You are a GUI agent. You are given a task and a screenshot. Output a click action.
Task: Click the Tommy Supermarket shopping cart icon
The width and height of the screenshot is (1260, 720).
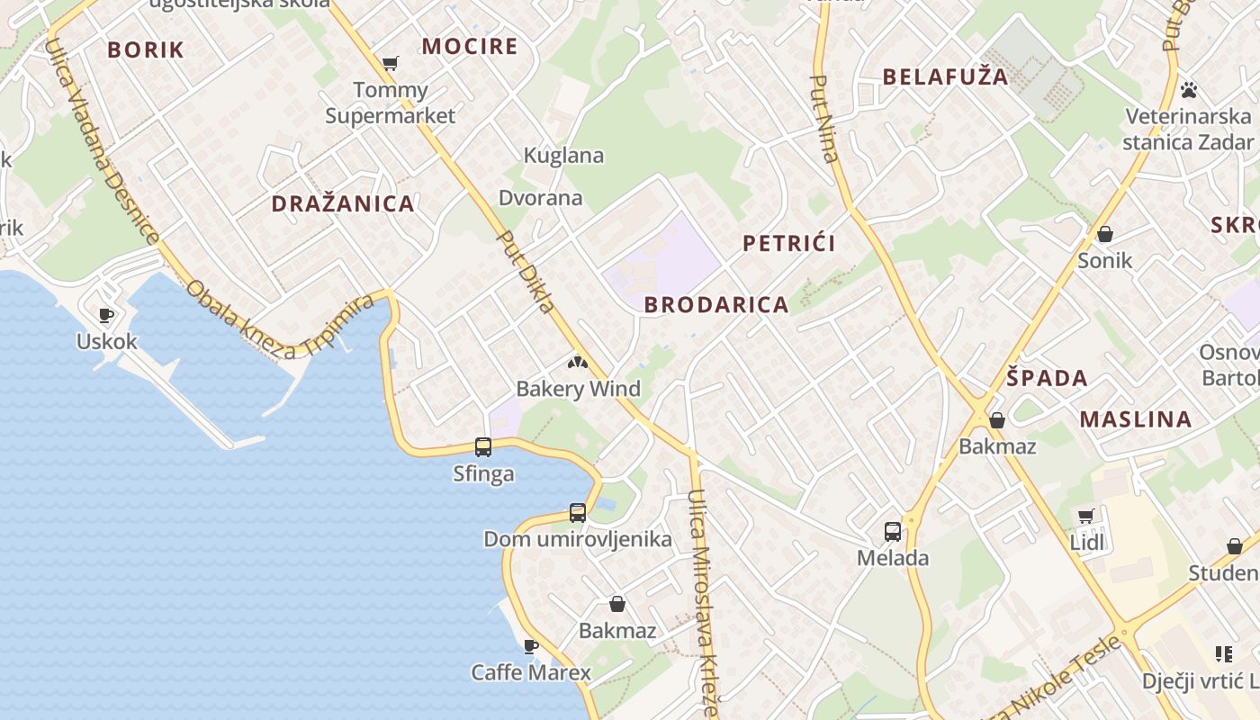point(390,63)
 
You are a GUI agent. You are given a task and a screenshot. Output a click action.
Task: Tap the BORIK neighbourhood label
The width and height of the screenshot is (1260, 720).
point(146,49)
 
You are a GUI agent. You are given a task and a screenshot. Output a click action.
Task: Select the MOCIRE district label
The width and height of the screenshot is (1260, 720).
point(470,46)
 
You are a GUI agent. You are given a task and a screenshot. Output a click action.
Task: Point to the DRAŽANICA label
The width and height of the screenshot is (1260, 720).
point(343,203)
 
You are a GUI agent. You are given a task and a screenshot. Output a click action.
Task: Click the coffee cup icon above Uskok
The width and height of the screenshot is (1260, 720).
point(106,315)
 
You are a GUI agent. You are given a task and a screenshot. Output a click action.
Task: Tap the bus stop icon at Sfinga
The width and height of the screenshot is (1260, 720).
point(483,446)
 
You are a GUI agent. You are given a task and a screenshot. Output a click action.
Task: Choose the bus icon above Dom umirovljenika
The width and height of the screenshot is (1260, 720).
point(578,513)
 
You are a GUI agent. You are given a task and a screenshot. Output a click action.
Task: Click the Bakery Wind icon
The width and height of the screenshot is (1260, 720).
point(577,363)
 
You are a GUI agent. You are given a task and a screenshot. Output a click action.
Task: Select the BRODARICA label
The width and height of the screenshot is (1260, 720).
point(716,304)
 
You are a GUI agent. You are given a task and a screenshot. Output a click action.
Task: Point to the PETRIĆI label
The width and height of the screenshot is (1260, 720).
point(789,243)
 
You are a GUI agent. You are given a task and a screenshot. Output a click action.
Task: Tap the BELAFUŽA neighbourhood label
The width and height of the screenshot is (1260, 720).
point(946,76)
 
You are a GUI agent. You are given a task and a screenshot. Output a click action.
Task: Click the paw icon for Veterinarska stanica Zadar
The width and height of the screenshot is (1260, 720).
point(1189,90)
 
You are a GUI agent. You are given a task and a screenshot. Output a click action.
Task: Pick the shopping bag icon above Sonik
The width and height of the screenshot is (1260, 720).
point(1105,234)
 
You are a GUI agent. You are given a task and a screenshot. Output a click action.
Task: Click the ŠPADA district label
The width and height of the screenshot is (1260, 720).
point(1048,378)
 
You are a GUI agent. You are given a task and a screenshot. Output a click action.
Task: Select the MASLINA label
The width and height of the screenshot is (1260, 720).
point(1136,418)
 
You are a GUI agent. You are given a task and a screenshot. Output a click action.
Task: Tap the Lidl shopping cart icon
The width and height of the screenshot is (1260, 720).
point(1086,516)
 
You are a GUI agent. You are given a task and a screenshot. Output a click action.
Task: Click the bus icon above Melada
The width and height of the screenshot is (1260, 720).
point(893,531)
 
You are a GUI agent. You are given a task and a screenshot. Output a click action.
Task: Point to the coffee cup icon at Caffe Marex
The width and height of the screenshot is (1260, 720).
point(531,645)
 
